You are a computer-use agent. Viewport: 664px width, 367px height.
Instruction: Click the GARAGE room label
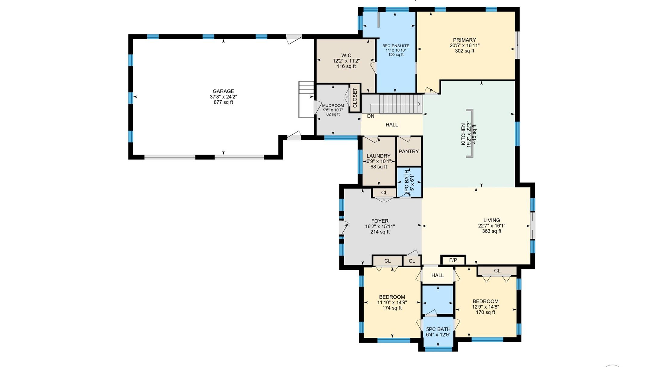223,91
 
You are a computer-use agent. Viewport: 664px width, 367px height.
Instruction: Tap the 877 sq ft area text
223,102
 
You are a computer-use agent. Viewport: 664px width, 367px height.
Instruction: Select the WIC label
346,55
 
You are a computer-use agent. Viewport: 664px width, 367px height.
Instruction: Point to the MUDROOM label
333,105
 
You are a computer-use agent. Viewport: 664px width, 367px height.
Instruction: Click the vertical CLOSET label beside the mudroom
355,98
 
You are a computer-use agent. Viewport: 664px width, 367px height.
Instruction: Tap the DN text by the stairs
370,116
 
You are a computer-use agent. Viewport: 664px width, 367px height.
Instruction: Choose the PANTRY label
409,152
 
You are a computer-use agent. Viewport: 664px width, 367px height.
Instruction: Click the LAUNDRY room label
379,156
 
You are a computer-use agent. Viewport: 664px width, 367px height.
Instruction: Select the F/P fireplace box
453,260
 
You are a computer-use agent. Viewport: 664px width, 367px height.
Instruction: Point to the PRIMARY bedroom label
464,40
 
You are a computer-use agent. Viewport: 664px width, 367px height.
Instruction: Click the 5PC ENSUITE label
396,46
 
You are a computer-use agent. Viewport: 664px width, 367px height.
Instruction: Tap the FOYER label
380,221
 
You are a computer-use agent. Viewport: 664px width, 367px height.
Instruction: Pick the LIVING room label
491,220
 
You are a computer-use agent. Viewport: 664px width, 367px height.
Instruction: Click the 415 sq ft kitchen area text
475,134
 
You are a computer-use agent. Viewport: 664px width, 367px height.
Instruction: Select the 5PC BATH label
438,329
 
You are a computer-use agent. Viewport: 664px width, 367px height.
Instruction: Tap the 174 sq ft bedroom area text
392,308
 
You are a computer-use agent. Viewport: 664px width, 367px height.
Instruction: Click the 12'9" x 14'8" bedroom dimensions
485,307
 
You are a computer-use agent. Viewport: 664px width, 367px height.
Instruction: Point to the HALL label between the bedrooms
437,275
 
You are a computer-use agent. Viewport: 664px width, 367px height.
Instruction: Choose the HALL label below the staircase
392,125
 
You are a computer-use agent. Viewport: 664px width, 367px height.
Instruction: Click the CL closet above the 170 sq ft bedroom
497,271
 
